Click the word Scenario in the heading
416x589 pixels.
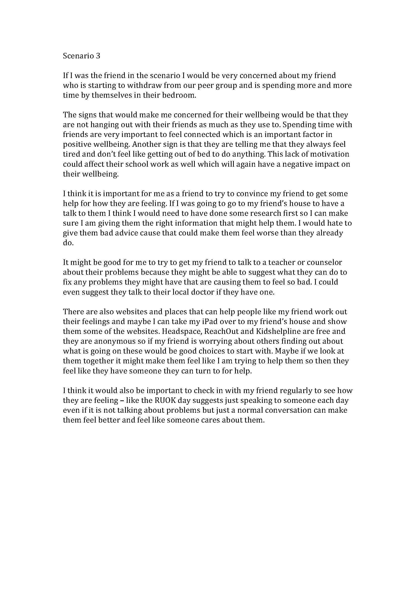[78, 56]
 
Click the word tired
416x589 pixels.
[72, 154]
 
